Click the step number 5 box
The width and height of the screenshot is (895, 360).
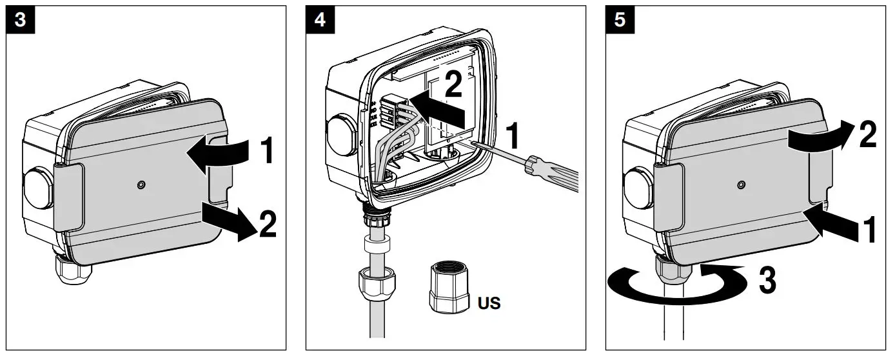(x=620, y=19)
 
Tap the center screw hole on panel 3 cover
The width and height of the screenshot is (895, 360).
(x=141, y=186)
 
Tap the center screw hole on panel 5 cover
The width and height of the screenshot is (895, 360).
(x=740, y=185)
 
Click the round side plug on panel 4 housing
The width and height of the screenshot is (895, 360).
(x=340, y=135)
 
